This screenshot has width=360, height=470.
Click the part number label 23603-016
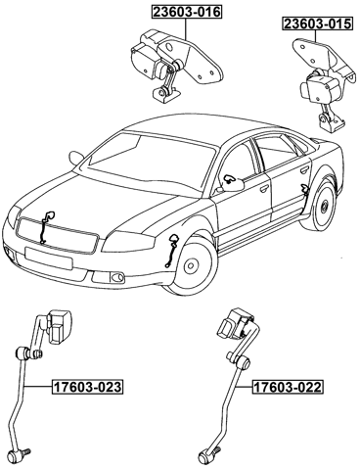coord(185,13)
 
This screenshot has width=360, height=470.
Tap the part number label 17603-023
coord(87,387)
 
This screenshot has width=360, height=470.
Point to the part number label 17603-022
coord(287,388)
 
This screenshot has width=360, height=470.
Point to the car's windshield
coord(147,158)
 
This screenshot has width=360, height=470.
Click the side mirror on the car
coord(231,181)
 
